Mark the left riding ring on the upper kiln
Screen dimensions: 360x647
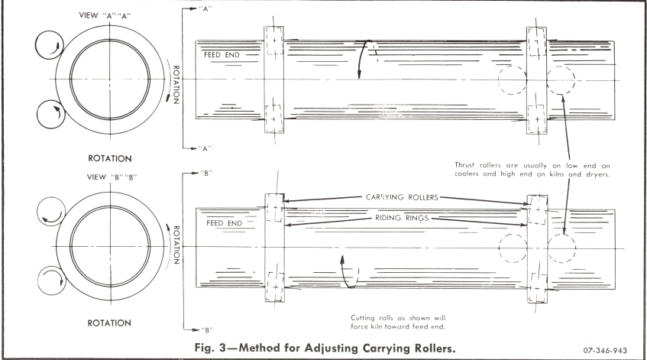click(x=273, y=79)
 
